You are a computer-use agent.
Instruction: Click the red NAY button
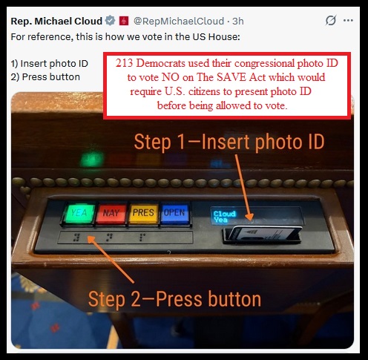(x=111, y=214)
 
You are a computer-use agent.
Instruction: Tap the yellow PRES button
(x=143, y=213)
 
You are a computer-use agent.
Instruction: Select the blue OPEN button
(x=174, y=213)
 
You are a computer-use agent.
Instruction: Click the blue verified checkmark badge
(x=111, y=21)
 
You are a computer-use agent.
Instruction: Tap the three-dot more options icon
(x=348, y=21)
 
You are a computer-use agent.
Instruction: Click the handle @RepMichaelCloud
(x=179, y=21)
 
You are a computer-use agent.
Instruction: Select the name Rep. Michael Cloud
(x=56, y=21)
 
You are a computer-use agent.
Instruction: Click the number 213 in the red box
(x=124, y=63)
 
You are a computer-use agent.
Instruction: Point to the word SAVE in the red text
(x=232, y=77)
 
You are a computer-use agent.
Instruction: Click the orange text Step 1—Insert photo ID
(x=229, y=142)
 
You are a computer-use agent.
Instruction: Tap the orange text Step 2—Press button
(x=174, y=299)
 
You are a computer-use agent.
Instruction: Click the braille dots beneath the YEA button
(x=76, y=238)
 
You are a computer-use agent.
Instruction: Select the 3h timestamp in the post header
(x=238, y=21)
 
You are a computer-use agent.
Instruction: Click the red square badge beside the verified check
(x=124, y=21)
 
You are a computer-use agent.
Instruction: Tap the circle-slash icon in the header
(x=331, y=20)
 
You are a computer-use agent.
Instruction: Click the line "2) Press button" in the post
(x=45, y=77)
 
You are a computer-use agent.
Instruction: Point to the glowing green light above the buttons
(x=92, y=158)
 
